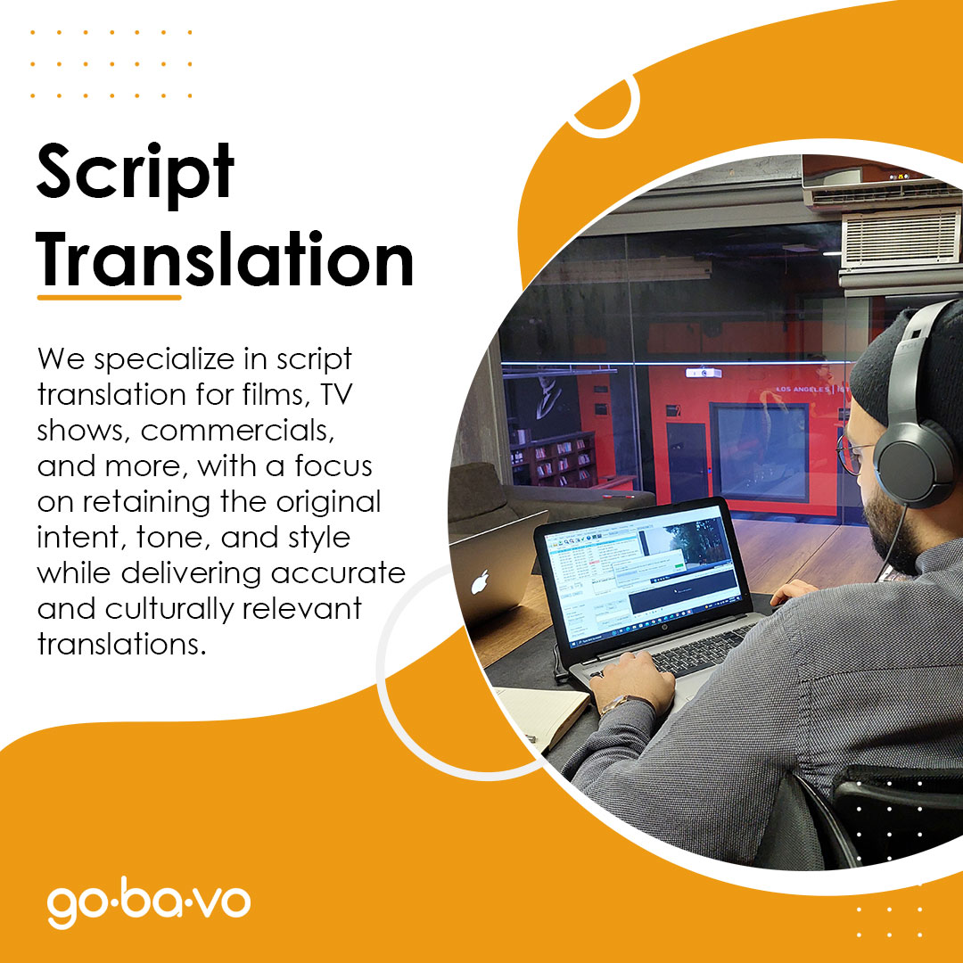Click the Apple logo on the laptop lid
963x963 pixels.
coord(481,582)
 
